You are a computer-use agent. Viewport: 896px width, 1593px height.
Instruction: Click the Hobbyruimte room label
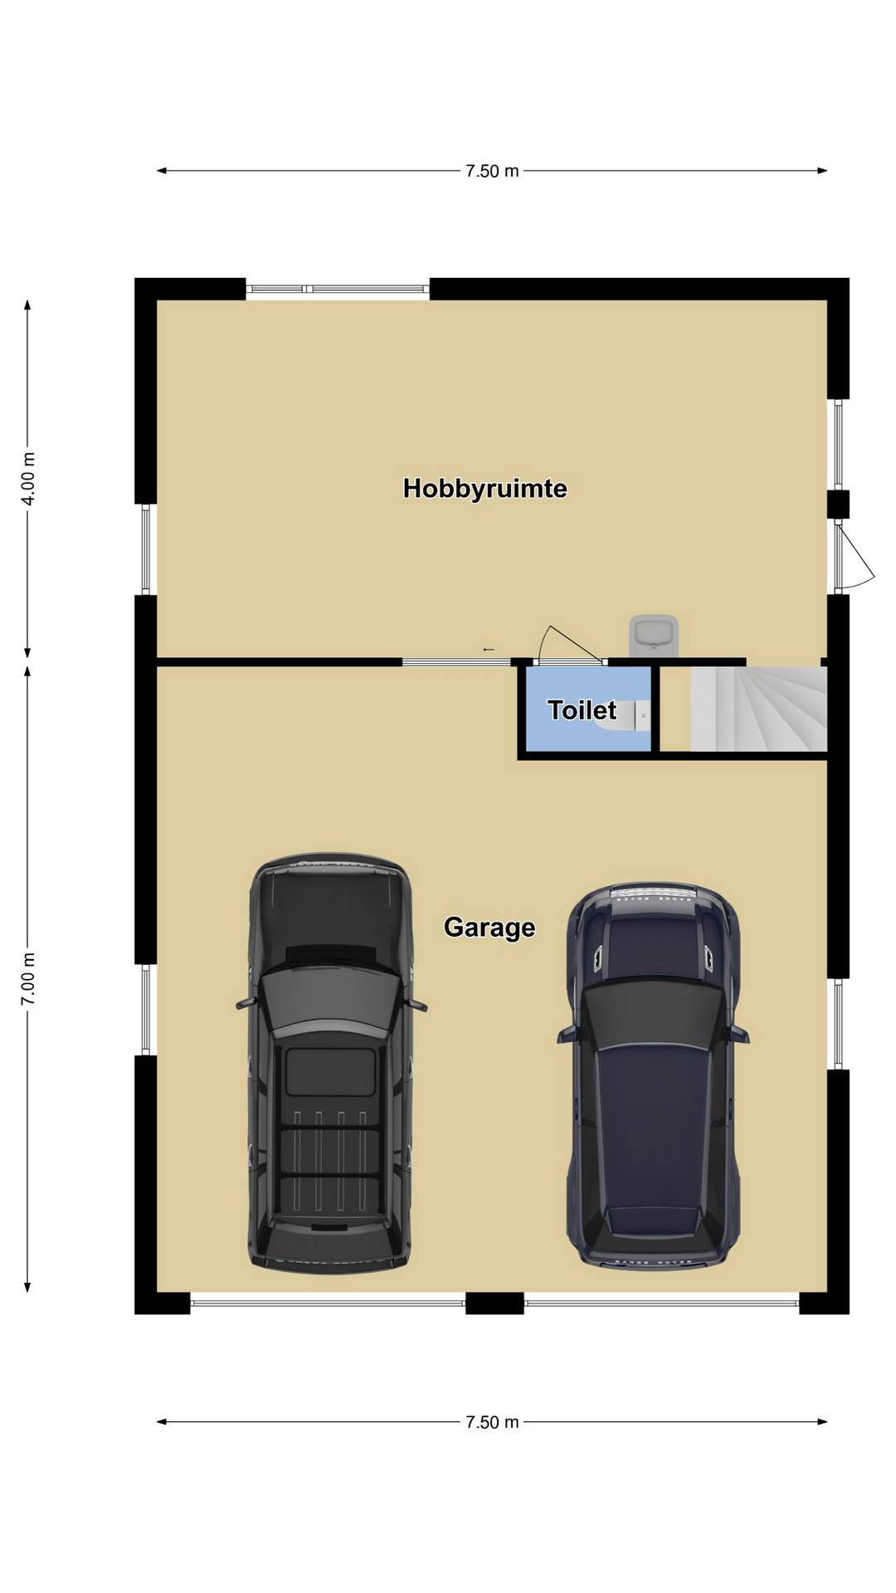tap(485, 488)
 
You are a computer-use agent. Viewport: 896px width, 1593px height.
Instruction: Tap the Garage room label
tap(489, 928)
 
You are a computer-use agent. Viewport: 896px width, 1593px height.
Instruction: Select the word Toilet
tap(582, 710)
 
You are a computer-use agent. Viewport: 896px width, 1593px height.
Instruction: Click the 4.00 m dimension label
tap(28, 478)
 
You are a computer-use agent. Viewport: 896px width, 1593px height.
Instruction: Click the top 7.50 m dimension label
tap(492, 171)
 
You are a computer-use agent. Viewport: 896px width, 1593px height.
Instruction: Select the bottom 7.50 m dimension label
tap(492, 1422)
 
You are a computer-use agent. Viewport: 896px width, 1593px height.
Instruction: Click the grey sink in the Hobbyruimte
tap(654, 636)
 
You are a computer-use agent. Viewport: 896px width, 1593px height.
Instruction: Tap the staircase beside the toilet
tap(758, 709)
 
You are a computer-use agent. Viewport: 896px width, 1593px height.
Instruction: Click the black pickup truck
tap(330, 1063)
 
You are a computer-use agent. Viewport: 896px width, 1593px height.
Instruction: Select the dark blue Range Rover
tap(653, 1075)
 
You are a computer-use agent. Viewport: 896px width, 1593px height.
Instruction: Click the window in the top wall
tap(338, 289)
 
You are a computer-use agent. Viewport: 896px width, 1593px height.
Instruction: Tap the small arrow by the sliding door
tap(489, 650)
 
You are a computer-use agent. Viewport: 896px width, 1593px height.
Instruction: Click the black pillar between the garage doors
tap(494, 1303)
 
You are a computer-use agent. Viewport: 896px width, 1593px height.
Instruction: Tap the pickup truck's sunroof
tap(330, 1072)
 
